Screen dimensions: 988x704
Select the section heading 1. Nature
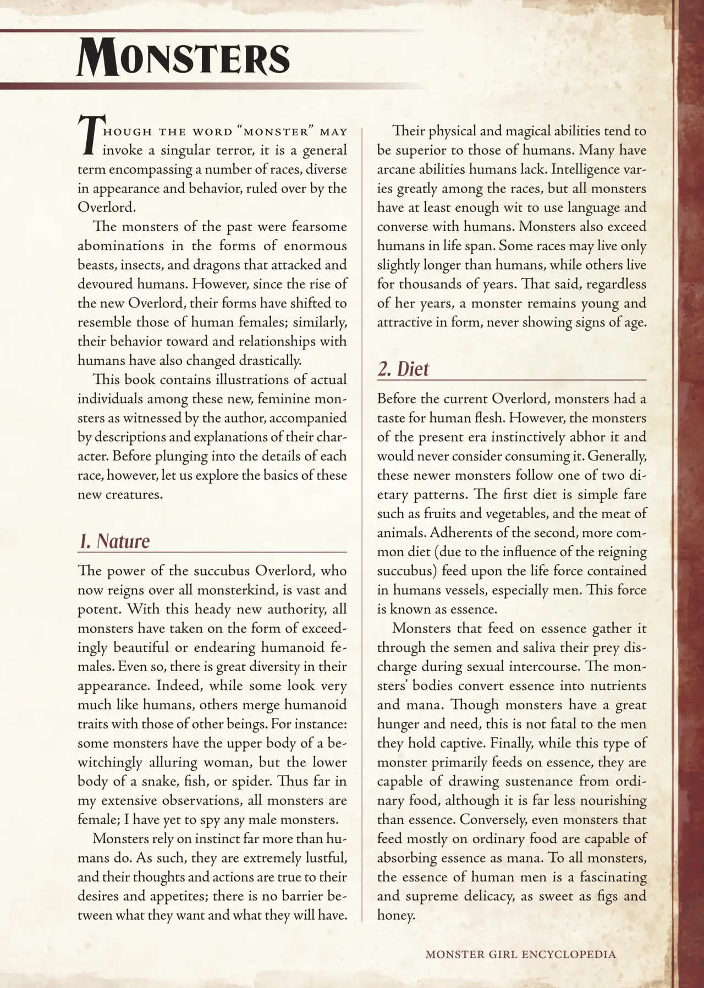(114, 541)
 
